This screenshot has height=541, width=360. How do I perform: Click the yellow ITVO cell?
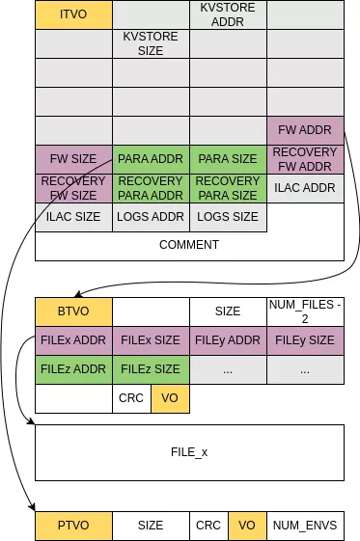click(73, 14)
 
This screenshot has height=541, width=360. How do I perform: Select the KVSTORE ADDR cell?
click(228, 14)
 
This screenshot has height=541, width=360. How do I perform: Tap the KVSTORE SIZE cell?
click(151, 43)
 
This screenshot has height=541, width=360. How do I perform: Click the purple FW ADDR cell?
click(305, 130)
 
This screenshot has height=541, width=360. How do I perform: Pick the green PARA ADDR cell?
click(151, 159)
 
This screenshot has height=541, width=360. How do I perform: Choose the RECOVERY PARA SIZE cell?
click(228, 188)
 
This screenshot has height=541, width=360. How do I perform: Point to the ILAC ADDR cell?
click(305, 188)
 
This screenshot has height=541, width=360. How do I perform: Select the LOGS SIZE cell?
click(228, 217)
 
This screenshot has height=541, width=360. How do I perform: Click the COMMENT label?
click(189, 245)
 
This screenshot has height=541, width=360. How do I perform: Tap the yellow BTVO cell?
click(73, 311)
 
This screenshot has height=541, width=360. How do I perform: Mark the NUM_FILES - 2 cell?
click(305, 311)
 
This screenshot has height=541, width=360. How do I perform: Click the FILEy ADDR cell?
click(228, 340)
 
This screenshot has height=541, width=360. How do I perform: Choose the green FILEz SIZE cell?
click(151, 369)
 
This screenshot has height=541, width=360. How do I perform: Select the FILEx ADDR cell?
click(73, 340)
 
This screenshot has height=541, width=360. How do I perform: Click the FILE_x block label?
click(189, 452)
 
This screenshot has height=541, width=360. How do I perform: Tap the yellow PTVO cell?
click(73, 526)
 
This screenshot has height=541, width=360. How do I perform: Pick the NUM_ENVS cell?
click(305, 526)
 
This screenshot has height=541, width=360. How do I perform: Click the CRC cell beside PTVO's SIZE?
click(208, 526)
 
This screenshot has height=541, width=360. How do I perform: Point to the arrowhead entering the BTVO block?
click(81, 292)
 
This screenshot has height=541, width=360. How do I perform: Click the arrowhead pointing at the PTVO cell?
click(32, 507)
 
